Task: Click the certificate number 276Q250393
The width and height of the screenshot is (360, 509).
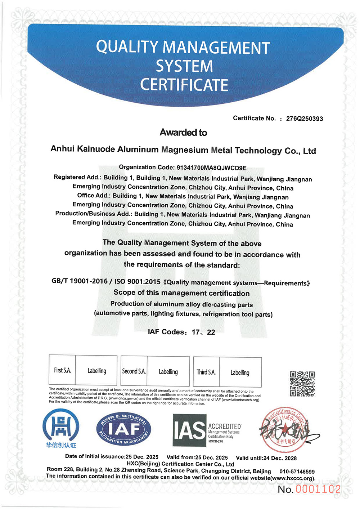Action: coord(304,119)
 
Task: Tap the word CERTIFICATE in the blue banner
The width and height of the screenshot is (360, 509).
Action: coord(184,85)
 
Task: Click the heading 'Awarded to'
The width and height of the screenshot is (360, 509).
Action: coord(183,133)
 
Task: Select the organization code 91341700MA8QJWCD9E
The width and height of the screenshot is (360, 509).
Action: coord(211,168)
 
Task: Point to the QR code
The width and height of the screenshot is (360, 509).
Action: coord(302,384)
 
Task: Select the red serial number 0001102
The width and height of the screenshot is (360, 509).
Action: coord(318,489)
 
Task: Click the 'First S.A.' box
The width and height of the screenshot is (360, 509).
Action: coord(62,370)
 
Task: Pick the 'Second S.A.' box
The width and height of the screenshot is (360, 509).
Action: coord(134,371)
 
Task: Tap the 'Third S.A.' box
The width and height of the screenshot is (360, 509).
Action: coord(206,372)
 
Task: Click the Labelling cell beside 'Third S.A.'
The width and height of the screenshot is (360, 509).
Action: coord(240,372)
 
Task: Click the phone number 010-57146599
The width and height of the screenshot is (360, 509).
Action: coord(297,472)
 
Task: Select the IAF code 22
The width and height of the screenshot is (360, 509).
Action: coord(211,332)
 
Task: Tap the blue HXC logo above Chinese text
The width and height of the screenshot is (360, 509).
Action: coord(60,426)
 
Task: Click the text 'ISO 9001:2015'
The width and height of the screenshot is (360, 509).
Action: coord(138,281)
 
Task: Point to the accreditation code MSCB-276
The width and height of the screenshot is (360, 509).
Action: coord(216,441)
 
